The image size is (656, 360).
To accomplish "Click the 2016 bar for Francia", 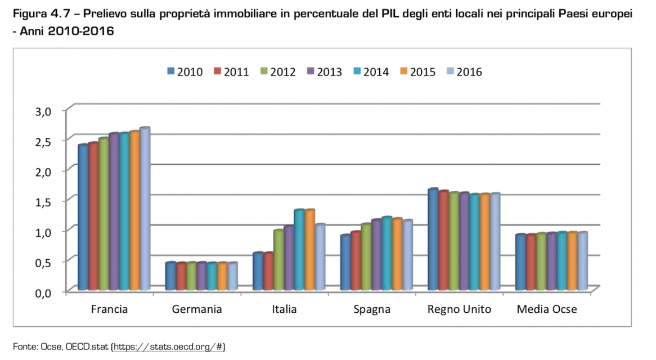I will pos(145,209).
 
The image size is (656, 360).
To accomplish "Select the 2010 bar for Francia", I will pos(83,218).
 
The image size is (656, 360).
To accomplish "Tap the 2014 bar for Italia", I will pos(299,250).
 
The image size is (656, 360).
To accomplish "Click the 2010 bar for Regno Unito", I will pos(433,240).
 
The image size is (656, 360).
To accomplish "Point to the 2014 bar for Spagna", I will pos(387,254).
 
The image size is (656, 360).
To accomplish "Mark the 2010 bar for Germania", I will pos(170,276).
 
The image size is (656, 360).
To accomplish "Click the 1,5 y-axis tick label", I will pos(43,201).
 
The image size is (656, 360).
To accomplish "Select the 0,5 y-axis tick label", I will pos(43,262).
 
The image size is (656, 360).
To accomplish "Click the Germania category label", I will pos(197,309).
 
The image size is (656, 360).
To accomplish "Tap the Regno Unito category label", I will pos(459,309).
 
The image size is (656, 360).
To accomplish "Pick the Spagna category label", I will pos(372,309).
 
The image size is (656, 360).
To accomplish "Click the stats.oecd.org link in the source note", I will pos(168,345).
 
